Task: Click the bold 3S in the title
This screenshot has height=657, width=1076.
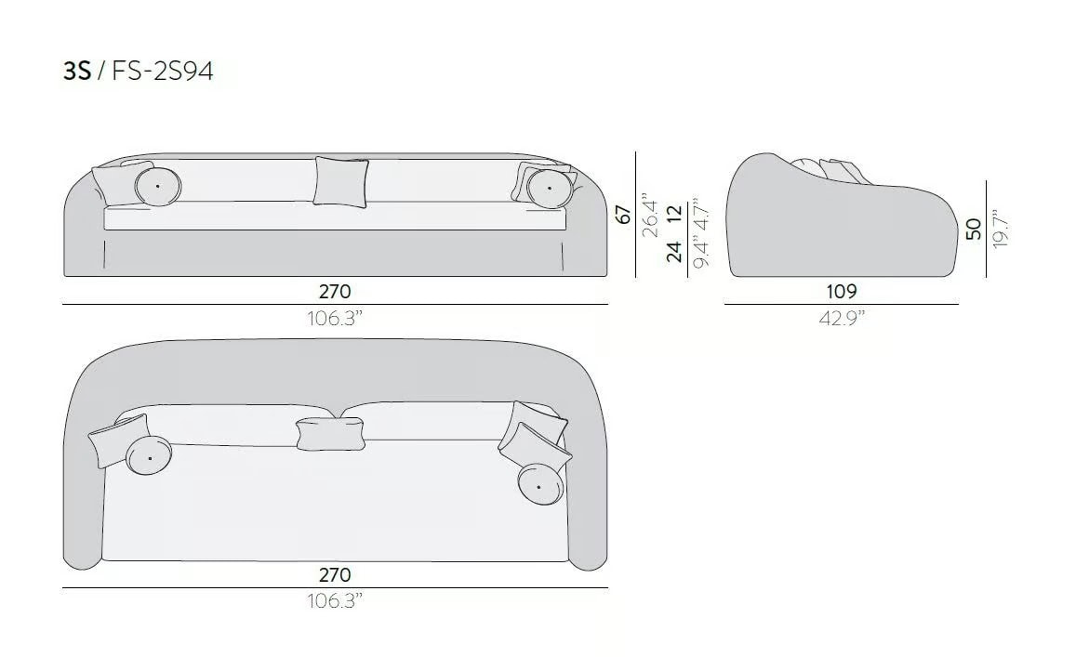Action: (77, 71)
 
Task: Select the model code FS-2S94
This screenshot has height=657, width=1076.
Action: (163, 71)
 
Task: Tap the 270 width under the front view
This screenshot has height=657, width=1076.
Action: (335, 292)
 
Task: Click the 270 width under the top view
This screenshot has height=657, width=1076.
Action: (335, 574)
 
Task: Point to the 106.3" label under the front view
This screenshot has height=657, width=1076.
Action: (335, 318)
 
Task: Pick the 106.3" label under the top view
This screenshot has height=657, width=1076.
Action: (335, 600)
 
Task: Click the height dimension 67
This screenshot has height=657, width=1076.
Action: (623, 214)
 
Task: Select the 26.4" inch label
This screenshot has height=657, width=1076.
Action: (650, 218)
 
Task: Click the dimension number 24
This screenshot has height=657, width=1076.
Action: (675, 252)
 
